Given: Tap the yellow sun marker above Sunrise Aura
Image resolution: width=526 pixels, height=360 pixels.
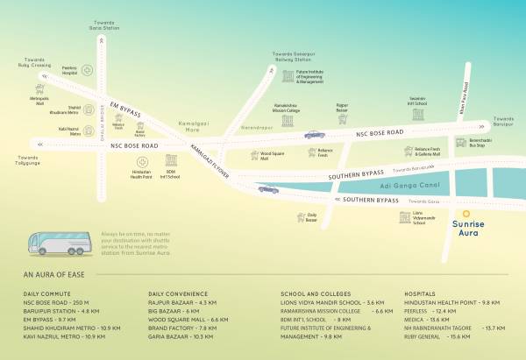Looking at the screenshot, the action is [x=469, y=211].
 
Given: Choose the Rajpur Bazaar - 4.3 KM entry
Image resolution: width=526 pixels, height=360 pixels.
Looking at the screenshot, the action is [x=183, y=303].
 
